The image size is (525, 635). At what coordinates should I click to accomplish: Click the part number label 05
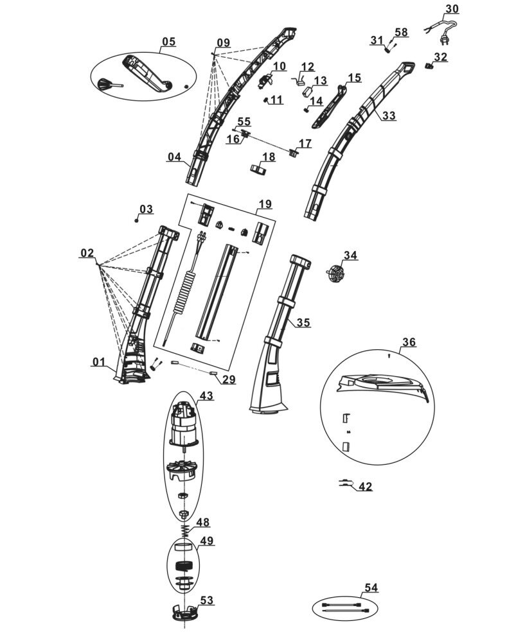(x=168, y=42)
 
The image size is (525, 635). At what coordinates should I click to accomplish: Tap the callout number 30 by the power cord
(x=452, y=9)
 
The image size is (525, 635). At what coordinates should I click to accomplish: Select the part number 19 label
(x=265, y=205)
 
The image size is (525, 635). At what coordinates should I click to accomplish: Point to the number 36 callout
(x=409, y=342)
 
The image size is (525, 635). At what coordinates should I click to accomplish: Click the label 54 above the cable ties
(x=371, y=587)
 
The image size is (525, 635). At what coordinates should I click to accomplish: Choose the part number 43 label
(x=206, y=396)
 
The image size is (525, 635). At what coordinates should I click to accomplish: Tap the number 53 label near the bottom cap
(x=206, y=600)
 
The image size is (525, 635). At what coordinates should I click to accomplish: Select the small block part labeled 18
(x=258, y=170)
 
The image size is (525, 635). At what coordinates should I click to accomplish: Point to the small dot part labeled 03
(x=137, y=220)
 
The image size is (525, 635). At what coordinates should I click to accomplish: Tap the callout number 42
(x=365, y=487)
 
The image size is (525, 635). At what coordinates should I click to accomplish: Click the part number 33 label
(x=389, y=116)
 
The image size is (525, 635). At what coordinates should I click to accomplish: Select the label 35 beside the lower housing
(x=303, y=322)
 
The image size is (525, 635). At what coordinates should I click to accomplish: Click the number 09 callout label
(x=222, y=43)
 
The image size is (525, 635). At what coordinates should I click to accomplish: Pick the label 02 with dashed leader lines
(x=87, y=253)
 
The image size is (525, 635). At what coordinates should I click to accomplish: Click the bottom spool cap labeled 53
(x=184, y=613)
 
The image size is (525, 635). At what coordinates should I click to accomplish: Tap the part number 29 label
(x=229, y=380)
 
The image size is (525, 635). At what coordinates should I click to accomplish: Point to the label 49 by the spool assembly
(x=207, y=541)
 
